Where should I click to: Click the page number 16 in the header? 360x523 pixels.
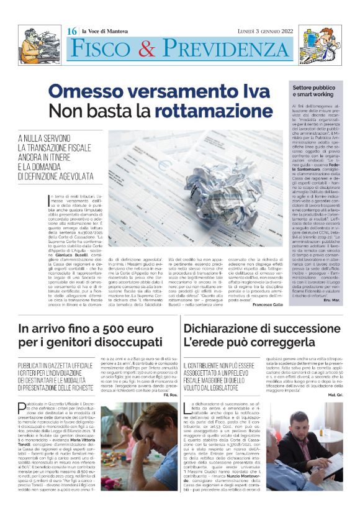72,31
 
